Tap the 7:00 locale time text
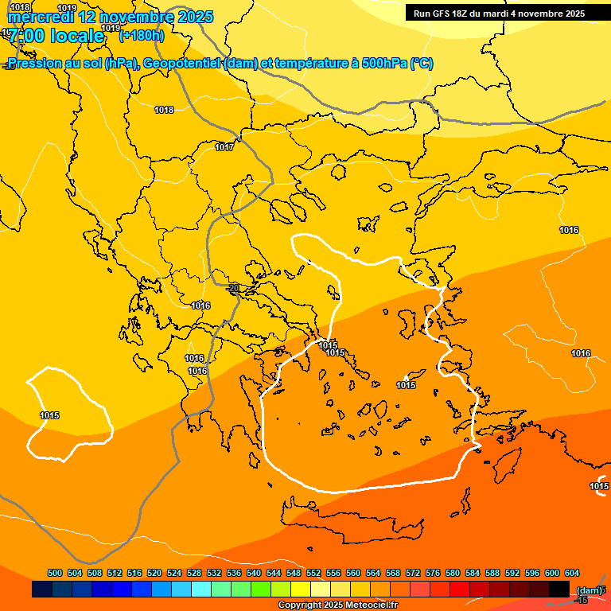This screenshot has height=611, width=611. click(x=56, y=36)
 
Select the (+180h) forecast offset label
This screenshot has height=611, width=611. click(x=142, y=35)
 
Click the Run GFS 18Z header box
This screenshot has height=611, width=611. click(x=500, y=13)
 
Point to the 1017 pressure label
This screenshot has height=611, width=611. click(x=224, y=147)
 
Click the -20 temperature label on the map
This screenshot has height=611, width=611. click(x=232, y=288)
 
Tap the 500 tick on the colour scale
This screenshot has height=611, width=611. click(x=55, y=573)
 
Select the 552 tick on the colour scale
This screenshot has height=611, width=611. click(x=313, y=573)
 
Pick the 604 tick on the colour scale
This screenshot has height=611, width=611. click(x=572, y=573)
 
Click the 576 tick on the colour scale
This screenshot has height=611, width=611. click(x=433, y=573)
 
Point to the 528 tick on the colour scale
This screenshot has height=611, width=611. click(x=194, y=573)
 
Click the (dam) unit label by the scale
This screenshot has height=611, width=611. click(x=589, y=590)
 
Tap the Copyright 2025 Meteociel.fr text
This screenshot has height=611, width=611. click(x=337, y=605)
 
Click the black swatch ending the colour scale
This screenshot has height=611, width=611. click(x=559, y=589)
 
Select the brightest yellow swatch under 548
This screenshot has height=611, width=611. click(x=300, y=589)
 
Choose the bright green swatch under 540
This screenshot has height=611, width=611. click(x=260, y=589)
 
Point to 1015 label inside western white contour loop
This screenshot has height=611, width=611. click(x=49, y=415)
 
